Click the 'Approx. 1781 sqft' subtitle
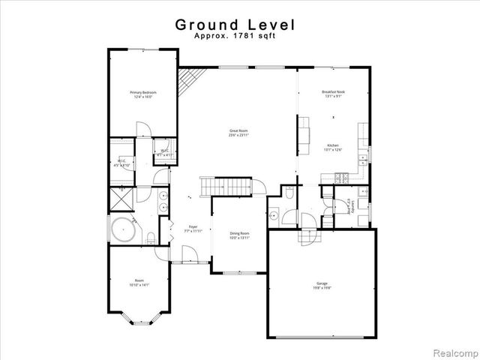pos(235,35)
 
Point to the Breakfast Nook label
pos(332,94)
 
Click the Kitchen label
pos(332,148)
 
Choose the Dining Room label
pos(238,235)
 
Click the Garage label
pos(321,285)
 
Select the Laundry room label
pos(347,204)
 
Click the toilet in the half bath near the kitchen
pos(289,193)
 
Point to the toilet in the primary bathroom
pos(151,238)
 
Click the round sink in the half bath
pos(274,217)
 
